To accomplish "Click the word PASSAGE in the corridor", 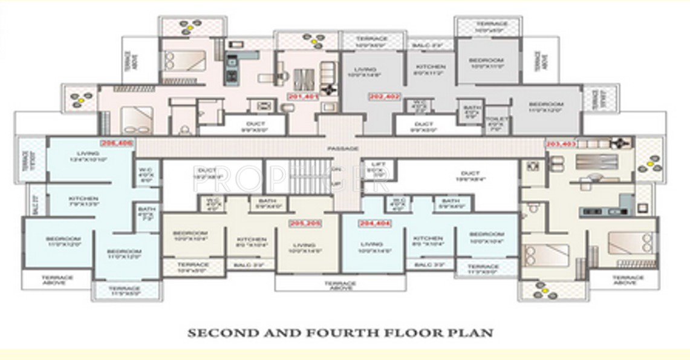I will coord(342,148).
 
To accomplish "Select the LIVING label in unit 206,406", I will coord(88,153).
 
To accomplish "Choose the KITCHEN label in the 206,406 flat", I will coord(83,198).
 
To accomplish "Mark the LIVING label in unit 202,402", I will coord(366,70).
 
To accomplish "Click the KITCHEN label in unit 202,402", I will coord(431,67).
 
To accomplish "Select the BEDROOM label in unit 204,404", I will coord(486,234).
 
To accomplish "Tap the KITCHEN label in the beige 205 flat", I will coord(251,238).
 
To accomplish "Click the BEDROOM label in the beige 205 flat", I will coord(190,234).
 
